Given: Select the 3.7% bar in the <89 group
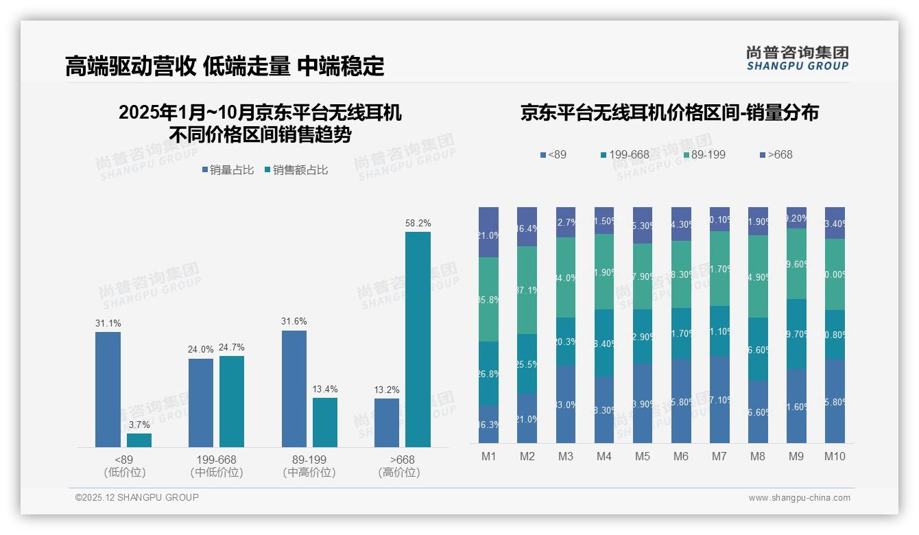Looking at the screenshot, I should point(139,440).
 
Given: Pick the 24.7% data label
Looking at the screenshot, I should point(232,348).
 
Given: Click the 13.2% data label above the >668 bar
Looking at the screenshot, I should point(387,390).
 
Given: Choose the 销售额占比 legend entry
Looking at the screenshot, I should point(296,170).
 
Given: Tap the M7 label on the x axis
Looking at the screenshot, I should point(719,457).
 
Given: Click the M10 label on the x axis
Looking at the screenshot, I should point(835,457).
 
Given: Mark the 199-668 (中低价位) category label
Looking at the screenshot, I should point(217,466).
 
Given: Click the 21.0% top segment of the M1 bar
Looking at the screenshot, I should point(489,233).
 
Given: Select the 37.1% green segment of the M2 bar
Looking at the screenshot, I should point(527,290).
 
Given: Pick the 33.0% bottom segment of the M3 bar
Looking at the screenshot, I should point(566,404).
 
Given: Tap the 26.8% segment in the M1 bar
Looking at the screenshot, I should point(489,374).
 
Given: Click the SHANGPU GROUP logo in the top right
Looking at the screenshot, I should point(797,58).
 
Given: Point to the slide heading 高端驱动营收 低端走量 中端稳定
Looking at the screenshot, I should point(224,66).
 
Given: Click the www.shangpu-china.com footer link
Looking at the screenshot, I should point(799,498).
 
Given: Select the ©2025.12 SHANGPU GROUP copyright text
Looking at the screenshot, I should point(137,497).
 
